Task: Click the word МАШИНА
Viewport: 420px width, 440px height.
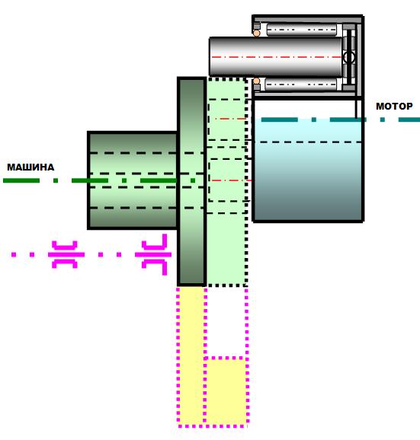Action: point(30,167)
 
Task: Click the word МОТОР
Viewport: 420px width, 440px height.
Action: point(394,107)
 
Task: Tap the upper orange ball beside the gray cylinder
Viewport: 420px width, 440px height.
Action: point(256,33)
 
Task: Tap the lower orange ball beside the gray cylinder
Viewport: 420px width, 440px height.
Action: point(256,81)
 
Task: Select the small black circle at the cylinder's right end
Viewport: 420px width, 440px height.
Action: point(349,58)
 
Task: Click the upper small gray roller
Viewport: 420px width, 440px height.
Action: point(301,30)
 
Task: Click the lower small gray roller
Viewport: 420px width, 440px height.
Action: point(300,84)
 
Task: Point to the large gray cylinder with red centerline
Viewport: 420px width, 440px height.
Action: point(276,57)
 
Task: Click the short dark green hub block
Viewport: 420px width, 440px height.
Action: point(133,180)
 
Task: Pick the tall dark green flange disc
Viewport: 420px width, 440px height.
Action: point(192,181)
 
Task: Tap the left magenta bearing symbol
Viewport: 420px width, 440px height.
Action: point(66,254)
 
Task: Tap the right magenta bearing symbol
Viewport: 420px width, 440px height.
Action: point(153,254)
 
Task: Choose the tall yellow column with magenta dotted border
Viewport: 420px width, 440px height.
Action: point(191,356)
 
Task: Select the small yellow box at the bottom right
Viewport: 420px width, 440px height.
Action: point(226,391)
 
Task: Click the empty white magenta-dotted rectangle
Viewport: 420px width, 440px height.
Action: point(226,322)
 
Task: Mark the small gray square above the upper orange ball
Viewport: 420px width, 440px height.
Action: point(257,27)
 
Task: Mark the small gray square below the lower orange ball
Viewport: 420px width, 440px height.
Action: point(257,88)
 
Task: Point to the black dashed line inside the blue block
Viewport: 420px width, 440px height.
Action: point(310,142)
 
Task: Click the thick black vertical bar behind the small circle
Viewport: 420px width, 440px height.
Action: point(349,57)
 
